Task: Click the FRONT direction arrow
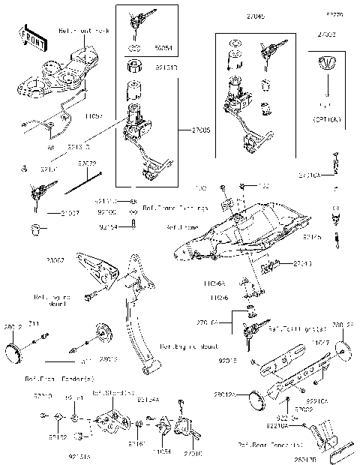point(28,37)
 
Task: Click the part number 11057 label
point(94,117)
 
